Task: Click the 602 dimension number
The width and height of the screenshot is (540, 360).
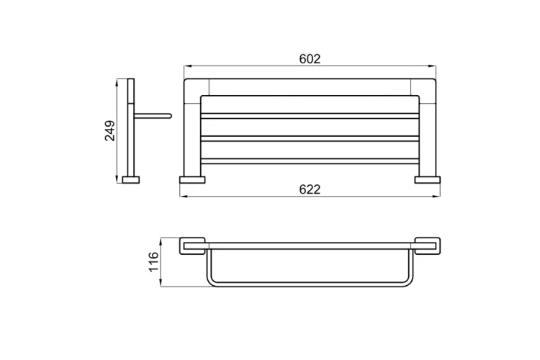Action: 310,59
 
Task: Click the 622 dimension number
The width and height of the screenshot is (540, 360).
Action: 310,189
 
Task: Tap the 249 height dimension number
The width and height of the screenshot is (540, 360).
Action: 110,130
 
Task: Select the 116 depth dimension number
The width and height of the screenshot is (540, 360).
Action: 153,261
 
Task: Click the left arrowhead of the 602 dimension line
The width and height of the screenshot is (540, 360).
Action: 188,66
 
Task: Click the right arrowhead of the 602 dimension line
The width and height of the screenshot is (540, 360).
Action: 432,66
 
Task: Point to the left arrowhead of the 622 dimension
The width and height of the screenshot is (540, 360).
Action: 184,197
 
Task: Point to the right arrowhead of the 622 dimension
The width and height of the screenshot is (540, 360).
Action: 436,197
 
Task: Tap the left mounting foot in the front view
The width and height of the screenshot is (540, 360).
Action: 192,180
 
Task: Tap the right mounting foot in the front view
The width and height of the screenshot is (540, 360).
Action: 428,180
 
